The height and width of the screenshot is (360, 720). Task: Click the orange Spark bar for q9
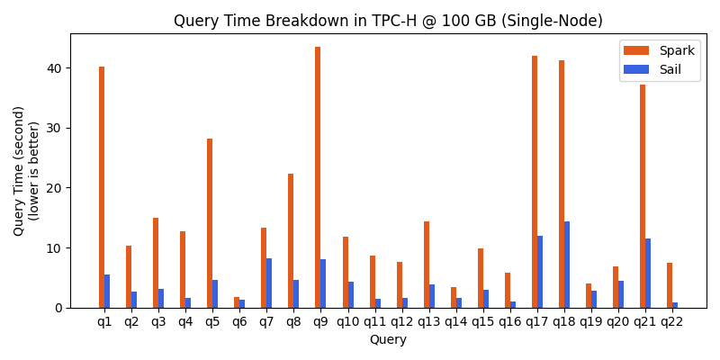pyautogui.click(x=318, y=177)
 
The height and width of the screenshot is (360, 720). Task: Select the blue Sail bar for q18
pyautogui.click(x=567, y=265)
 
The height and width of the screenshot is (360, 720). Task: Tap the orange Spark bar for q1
pyautogui.click(x=102, y=187)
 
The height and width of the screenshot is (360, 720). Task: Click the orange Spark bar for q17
pyautogui.click(x=535, y=182)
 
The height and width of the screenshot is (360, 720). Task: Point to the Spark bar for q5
pyautogui.click(x=210, y=223)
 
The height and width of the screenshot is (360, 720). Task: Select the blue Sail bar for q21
pyautogui.click(x=648, y=273)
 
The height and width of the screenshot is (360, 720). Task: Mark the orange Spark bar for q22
pyautogui.click(x=670, y=285)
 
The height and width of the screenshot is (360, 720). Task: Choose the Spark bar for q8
pyautogui.click(x=291, y=240)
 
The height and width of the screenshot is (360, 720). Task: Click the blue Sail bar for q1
pyautogui.click(x=107, y=291)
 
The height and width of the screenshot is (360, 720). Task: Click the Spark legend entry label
pyautogui.click(x=678, y=50)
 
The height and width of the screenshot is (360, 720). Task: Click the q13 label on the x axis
pyautogui.click(x=428, y=321)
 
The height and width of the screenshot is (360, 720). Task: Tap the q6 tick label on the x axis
pyautogui.click(x=239, y=321)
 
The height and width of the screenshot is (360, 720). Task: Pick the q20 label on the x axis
pyautogui.click(x=618, y=321)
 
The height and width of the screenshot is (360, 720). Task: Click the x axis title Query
pyautogui.click(x=388, y=340)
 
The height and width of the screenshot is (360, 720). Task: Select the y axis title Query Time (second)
pyautogui.click(x=20, y=171)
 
